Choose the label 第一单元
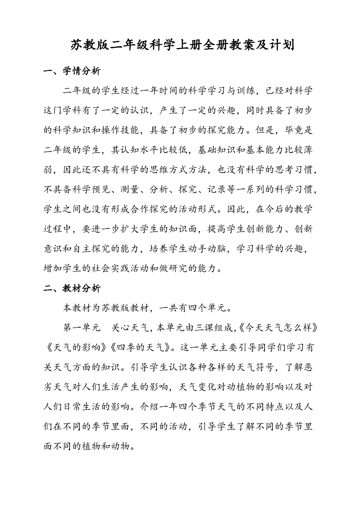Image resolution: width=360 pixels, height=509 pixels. (82, 328)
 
